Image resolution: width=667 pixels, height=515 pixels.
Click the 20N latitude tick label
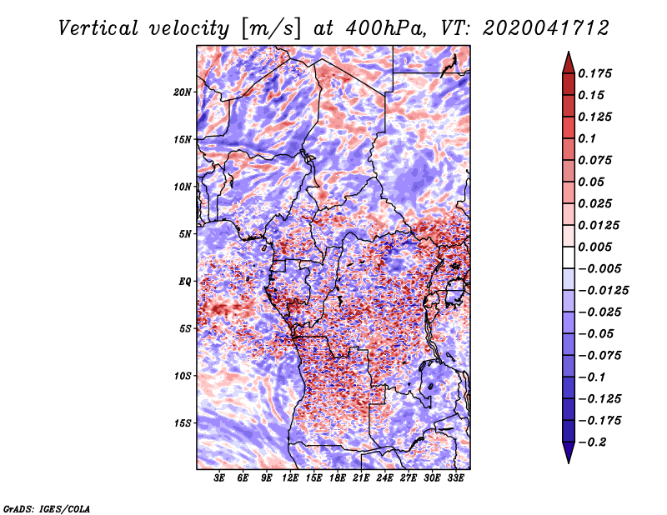tap(183, 92)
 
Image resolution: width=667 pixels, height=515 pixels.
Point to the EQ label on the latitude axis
tap(184, 282)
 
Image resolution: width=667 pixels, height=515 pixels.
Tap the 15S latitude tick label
tap(183, 423)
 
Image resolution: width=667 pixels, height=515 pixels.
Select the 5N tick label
tap(185, 234)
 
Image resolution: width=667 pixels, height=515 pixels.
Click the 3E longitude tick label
tap(219, 478)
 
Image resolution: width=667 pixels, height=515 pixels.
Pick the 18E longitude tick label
tap(338, 478)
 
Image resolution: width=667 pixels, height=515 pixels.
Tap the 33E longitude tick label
tap(455, 478)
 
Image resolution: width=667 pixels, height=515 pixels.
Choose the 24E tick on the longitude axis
tap(384, 478)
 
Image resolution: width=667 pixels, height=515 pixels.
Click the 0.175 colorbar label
tap(594, 73)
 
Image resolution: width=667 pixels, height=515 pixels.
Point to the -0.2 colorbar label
tap(593, 442)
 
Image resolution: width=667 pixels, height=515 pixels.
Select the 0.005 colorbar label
tap(594, 247)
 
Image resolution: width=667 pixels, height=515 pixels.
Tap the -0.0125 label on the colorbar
tap(603, 291)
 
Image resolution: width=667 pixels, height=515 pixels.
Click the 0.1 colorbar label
tap(587, 138)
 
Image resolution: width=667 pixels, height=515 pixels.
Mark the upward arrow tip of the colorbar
tap(569, 52)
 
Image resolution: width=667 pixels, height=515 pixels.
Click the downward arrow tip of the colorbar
tap(569, 462)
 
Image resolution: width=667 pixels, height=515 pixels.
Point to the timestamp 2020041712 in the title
tap(546, 28)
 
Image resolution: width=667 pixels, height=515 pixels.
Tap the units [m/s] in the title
tap(271, 28)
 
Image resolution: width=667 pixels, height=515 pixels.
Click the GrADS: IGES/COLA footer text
tap(47, 508)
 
